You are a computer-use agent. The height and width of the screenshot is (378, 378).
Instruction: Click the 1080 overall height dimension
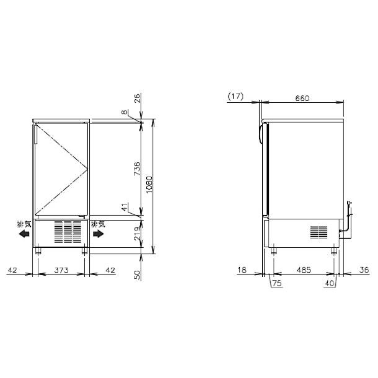pos(149,185)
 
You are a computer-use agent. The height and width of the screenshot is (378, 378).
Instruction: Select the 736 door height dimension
pos(137,169)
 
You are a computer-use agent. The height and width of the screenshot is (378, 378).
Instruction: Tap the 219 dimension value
pos(137,234)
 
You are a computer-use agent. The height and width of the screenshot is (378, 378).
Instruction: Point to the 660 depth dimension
pos(302,98)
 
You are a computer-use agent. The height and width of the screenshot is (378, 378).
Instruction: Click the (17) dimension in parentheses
pos(235,97)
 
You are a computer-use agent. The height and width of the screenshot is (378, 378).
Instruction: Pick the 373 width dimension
pos(61,270)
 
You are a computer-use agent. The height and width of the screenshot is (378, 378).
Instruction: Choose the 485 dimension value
pos(304,270)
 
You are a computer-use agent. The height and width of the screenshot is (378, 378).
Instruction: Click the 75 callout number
pos(277,283)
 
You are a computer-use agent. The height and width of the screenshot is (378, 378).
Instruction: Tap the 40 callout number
pos(330,283)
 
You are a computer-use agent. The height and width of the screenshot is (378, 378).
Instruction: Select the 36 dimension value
pos(364,270)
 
